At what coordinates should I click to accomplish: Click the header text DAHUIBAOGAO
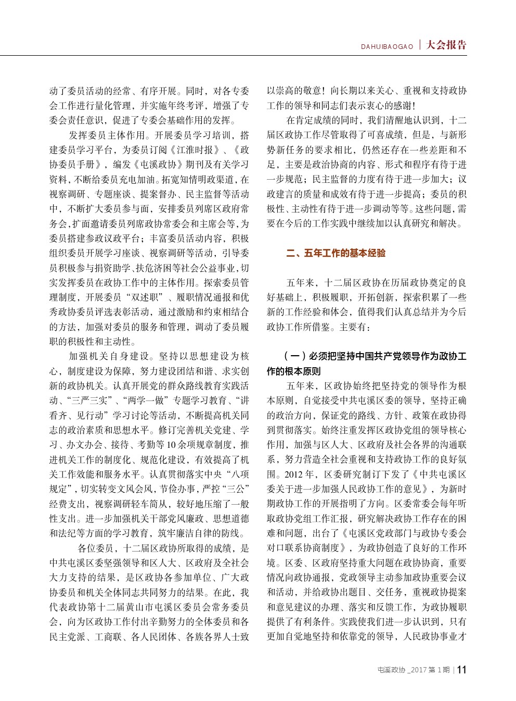click(x=387, y=47)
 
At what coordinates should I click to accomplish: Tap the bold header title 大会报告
click(x=446, y=45)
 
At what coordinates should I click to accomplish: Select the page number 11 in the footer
click(x=461, y=670)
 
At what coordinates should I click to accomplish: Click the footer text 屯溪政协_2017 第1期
click(x=414, y=670)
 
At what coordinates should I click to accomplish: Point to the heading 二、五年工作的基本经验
click(x=336, y=253)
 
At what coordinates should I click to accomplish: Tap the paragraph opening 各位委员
click(x=96, y=548)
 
